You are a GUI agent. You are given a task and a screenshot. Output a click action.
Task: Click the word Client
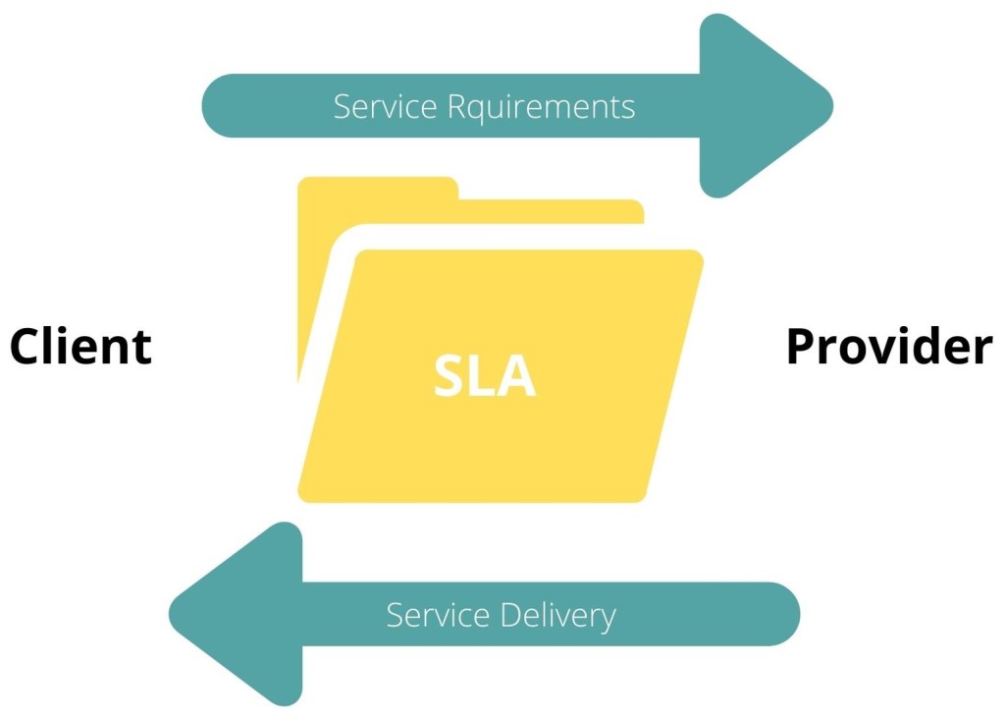pyautogui.click(x=80, y=347)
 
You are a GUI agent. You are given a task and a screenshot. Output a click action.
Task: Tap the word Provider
pyautogui.click(x=889, y=347)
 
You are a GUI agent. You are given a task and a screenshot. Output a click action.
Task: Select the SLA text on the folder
pyautogui.click(x=485, y=376)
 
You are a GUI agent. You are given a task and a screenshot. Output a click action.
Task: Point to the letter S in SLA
pyautogui.click(x=450, y=376)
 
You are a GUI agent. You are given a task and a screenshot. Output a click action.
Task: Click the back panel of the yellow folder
pyautogui.click(x=550, y=211)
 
